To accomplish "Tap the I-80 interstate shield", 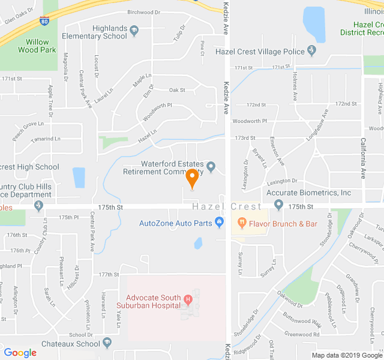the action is [x=45, y=22].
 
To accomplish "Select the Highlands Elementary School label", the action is [x=110, y=32].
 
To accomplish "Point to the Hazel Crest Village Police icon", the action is [x=311, y=50].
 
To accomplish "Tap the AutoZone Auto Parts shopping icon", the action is [x=219, y=223].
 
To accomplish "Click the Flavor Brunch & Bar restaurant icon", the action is [x=242, y=223].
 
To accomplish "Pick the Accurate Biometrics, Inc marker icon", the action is [x=278, y=205].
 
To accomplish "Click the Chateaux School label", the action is [x=71, y=344].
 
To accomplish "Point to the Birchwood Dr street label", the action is [x=145, y=12].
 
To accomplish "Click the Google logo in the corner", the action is [x=20, y=352].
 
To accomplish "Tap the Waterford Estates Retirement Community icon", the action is [x=211, y=166].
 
